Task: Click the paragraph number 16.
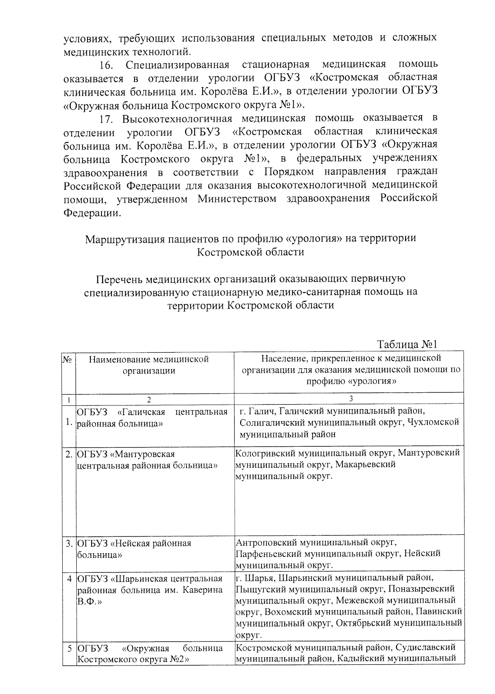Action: tap(106, 65)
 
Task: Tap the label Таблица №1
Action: tap(407, 344)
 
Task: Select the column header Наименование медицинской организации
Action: tap(148, 365)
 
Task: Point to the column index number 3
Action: tap(351, 399)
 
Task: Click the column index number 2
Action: tap(149, 399)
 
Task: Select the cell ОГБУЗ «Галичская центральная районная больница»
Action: tap(153, 418)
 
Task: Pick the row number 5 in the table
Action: tap(70, 649)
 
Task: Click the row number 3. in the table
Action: tap(69, 543)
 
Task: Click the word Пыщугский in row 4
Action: tap(257, 589)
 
